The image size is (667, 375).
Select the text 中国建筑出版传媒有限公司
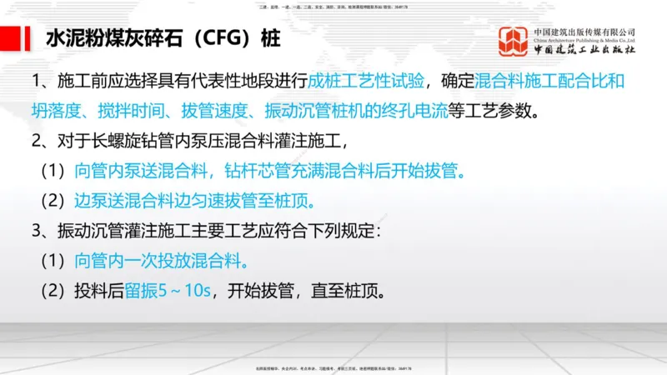585,32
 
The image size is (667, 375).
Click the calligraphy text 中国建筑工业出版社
585,49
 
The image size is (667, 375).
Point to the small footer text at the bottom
333,367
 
